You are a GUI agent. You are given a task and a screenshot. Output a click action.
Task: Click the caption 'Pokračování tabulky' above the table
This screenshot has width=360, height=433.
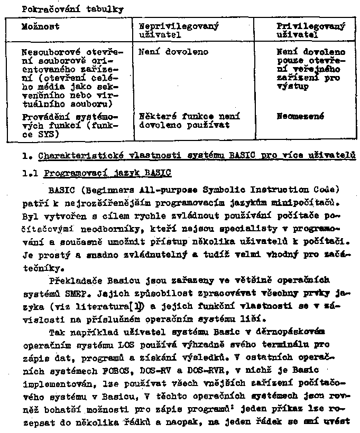pyautogui.click(x=66, y=9)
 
